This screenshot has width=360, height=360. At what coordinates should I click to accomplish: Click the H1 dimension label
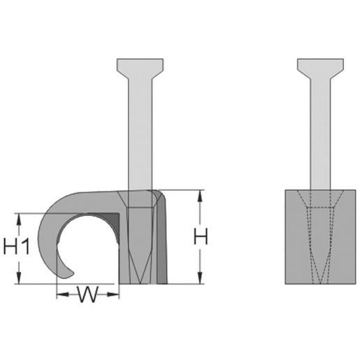[x=17, y=246]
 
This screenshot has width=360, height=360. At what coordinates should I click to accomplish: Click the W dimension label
[x=87, y=294]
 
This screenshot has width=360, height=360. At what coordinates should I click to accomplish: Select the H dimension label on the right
[x=201, y=237]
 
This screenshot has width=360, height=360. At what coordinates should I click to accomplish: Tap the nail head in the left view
[x=140, y=68]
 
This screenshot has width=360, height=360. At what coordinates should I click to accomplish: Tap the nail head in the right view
[x=320, y=68]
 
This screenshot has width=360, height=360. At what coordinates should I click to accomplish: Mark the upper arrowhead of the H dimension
[x=200, y=195]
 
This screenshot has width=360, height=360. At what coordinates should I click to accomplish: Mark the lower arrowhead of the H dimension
[x=200, y=278]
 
